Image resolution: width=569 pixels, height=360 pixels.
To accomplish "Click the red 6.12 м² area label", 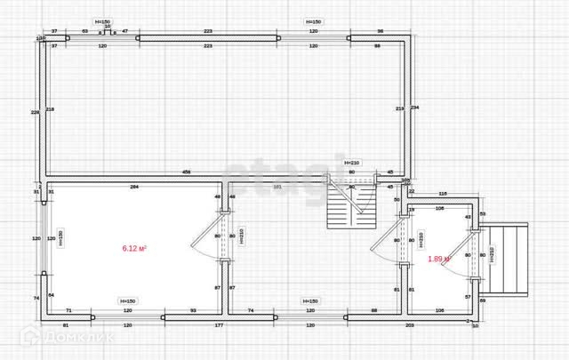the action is pyautogui.click(x=134, y=250).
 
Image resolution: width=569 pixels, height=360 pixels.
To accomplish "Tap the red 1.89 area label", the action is pyautogui.click(x=438, y=259).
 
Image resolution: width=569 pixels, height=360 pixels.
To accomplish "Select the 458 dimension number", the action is pyautogui.click(x=187, y=171).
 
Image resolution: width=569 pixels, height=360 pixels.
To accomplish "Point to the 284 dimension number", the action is pyautogui.click(x=134, y=187).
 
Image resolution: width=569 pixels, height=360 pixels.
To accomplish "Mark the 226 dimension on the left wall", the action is pyautogui.click(x=35, y=112).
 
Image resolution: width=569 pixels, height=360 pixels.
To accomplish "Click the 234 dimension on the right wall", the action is pyautogui.click(x=415, y=108).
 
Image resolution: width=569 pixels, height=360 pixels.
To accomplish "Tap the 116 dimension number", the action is pyautogui.click(x=442, y=194).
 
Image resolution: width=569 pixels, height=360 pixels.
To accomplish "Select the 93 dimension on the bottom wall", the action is pyautogui.click(x=193, y=309).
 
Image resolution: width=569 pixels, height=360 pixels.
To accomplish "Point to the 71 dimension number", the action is pyautogui.click(x=68, y=309).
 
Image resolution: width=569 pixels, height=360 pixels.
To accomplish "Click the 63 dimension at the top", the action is pyautogui.click(x=84, y=30).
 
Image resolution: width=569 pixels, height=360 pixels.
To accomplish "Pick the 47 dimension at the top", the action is pyautogui.click(x=124, y=30).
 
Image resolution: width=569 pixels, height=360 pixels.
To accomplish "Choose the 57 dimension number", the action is pyautogui.click(x=468, y=296).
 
